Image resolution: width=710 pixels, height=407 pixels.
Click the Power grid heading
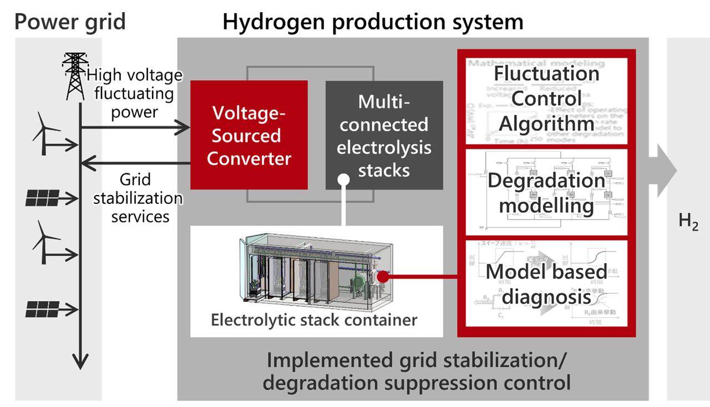tap(70, 22)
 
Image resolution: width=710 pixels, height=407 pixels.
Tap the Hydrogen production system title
tap(373, 22)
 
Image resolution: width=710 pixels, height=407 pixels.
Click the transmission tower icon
tap(74, 76)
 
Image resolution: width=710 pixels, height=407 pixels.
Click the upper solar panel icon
tap(42, 198)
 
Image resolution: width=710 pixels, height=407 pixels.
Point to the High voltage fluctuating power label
tap(134, 93)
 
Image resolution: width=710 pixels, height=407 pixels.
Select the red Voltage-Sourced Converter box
tap(248, 135)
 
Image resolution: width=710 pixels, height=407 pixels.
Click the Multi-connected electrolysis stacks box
tap(384, 135)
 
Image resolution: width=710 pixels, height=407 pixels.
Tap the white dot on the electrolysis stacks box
tap(343, 179)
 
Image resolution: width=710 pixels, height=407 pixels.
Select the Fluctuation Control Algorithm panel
tap(547, 98)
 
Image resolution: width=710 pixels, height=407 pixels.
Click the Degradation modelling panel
tap(547, 192)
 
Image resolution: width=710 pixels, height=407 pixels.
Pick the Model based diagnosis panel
tap(547, 284)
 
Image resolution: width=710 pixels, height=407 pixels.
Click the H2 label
tap(688, 223)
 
